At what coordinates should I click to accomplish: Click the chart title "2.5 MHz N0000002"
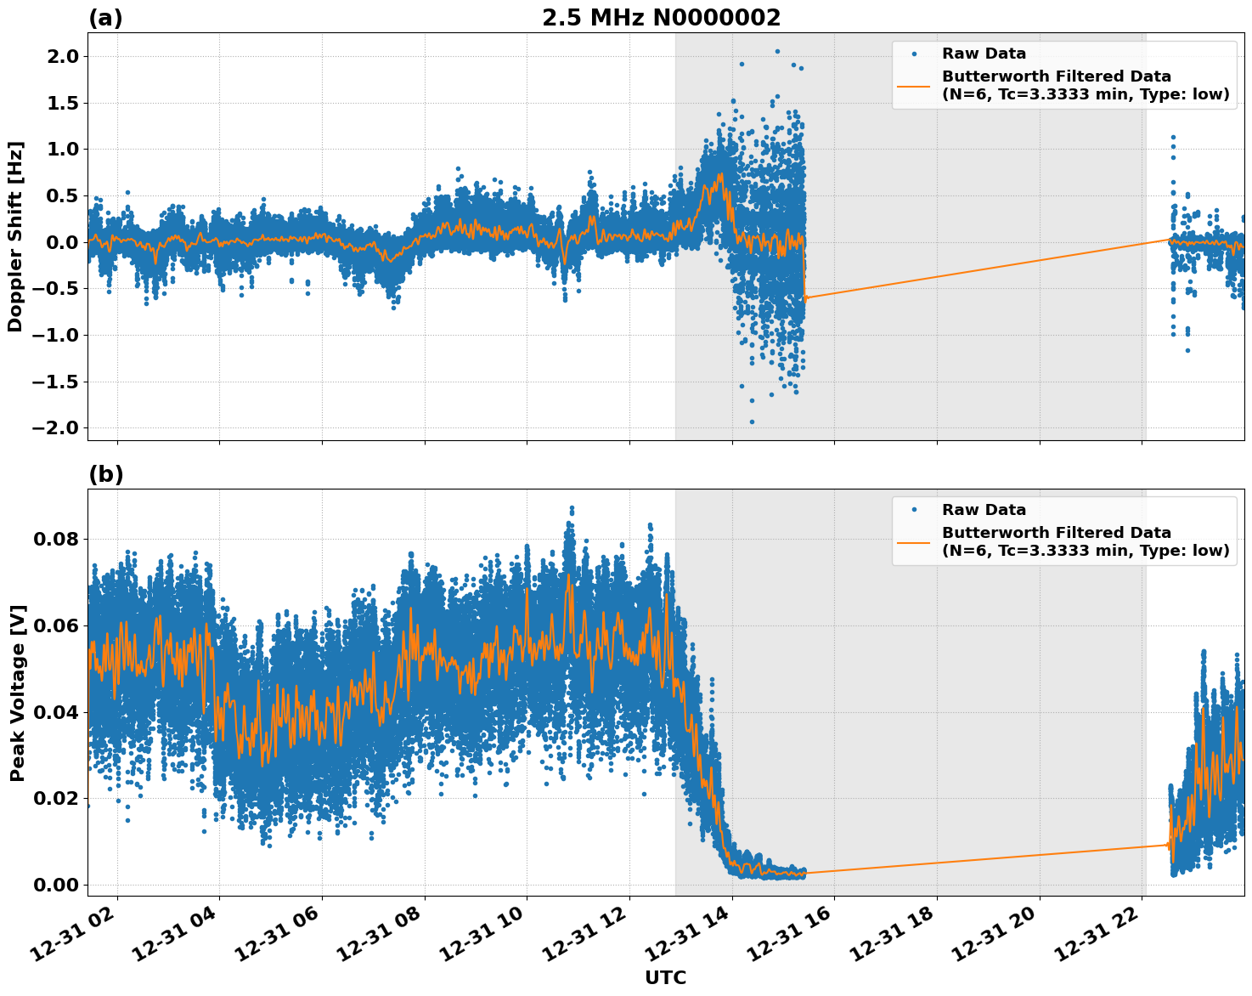click(x=661, y=18)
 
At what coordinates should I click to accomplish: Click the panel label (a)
click(x=105, y=18)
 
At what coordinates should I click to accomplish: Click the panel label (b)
click(x=105, y=474)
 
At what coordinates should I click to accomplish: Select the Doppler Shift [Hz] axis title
click(x=15, y=236)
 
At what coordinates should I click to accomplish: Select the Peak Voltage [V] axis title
click(x=17, y=693)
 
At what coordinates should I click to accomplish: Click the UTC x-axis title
click(x=665, y=977)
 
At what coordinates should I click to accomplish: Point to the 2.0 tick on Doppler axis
click(x=61, y=57)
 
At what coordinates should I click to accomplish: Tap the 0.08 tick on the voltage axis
click(x=57, y=540)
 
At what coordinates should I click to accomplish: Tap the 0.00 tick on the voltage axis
click(x=57, y=885)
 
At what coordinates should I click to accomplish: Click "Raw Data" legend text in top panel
click(x=984, y=54)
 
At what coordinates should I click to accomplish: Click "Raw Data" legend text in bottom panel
click(x=984, y=510)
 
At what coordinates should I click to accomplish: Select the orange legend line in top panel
click(x=913, y=85)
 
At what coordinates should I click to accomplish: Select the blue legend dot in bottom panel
click(x=914, y=510)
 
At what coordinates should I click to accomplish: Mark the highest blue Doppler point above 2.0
click(x=776, y=51)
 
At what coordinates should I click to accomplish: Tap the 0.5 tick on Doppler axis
click(x=61, y=196)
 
